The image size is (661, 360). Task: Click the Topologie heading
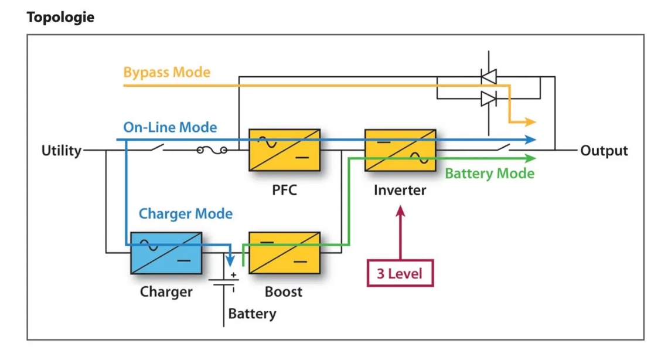[x=60, y=17]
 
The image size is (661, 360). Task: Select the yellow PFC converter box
[x=284, y=150]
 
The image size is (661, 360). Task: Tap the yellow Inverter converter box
[x=400, y=150]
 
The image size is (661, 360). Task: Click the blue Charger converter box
[x=166, y=253]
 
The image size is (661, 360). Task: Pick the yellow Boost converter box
[x=284, y=253]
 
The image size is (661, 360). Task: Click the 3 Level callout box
[x=400, y=273]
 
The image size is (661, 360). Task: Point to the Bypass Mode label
[x=166, y=73]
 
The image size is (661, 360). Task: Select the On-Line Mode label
[x=170, y=127]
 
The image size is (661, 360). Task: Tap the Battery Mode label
[x=489, y=174]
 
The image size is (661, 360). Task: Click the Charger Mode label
[x=185, y=214]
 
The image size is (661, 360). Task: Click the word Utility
[x=61, y=151]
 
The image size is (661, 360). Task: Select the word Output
[x=604, y=151]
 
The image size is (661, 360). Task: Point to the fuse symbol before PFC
[x=212, y=151]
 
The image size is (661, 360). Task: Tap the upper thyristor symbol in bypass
[x=488, y=76]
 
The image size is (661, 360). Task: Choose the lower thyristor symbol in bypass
[x=488, y=99]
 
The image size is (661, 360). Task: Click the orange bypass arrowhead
[x=530, y=122]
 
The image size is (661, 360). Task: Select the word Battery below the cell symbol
[x=252, y=314]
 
